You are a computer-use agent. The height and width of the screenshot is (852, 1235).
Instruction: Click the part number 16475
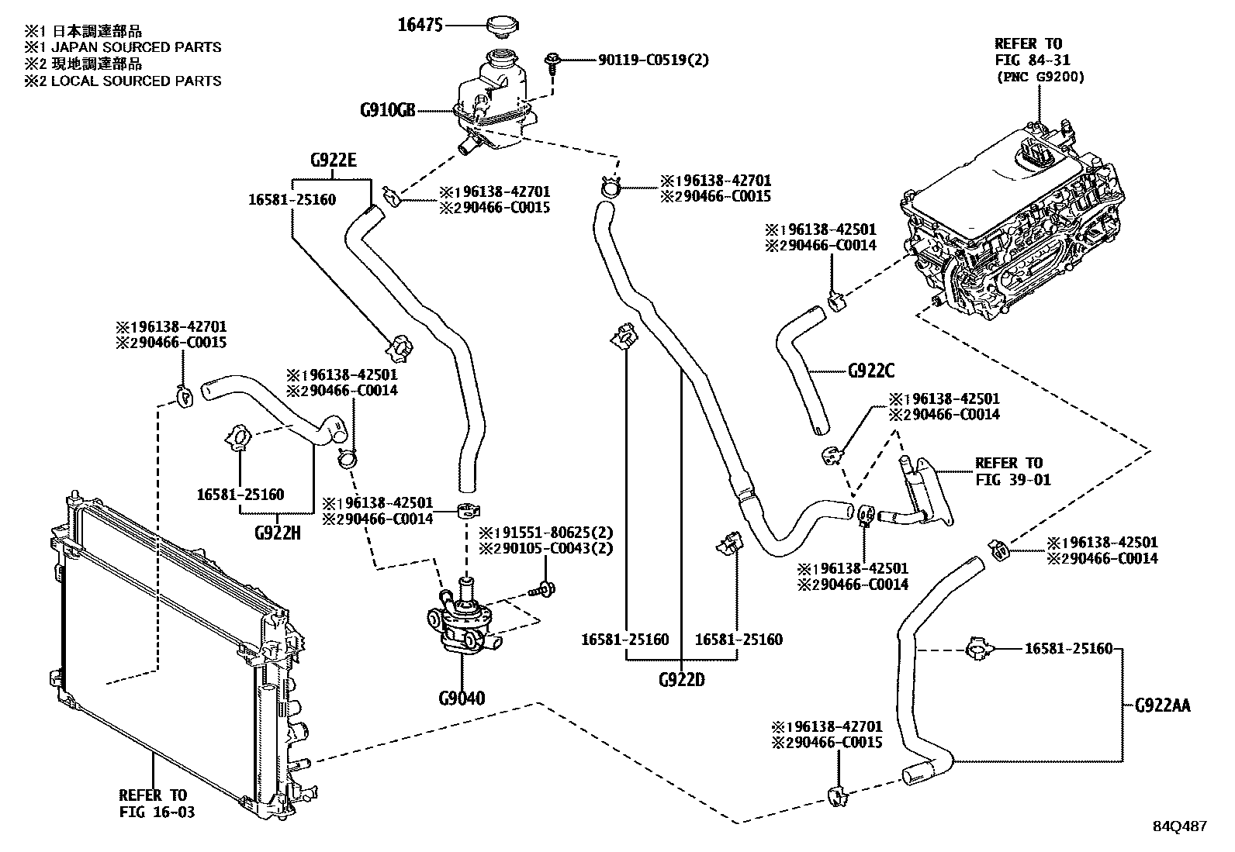tap(420, 26)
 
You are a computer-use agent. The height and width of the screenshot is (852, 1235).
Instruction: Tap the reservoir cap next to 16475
tap(504, 25)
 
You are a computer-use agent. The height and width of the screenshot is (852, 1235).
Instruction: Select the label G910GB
tap(387, 110)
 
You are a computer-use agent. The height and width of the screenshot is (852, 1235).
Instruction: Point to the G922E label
tap(333, 161)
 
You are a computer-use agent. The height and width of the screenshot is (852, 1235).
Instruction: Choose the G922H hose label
tap(277, 533)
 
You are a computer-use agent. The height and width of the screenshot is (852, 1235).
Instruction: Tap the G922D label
tap(681, 681)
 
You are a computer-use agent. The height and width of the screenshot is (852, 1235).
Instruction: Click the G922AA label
tap(1162, 705)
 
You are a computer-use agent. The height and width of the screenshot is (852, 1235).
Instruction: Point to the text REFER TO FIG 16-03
tap(153, 803)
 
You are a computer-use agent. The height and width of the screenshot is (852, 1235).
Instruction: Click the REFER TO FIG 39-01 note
tap(1012, 471)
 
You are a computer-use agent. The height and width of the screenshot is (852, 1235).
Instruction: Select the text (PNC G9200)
tap(1040, 77)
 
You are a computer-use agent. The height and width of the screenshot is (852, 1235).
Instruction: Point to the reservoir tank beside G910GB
tap(496, 101)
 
